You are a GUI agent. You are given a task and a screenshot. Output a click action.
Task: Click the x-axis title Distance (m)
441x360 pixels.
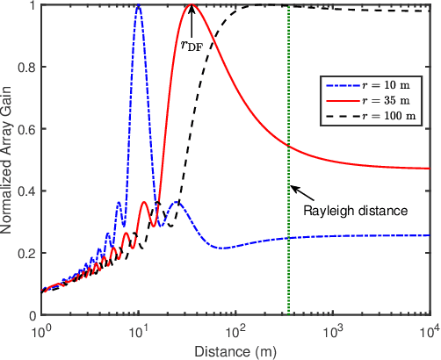(x=235, y=351)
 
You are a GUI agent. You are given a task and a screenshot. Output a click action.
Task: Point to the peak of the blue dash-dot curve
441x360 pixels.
(x=139, y=5)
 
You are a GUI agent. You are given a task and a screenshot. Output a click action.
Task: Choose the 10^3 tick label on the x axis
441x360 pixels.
(x=332, y=332)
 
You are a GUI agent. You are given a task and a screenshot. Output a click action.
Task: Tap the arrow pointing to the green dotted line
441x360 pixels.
(x=302, y=191)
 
